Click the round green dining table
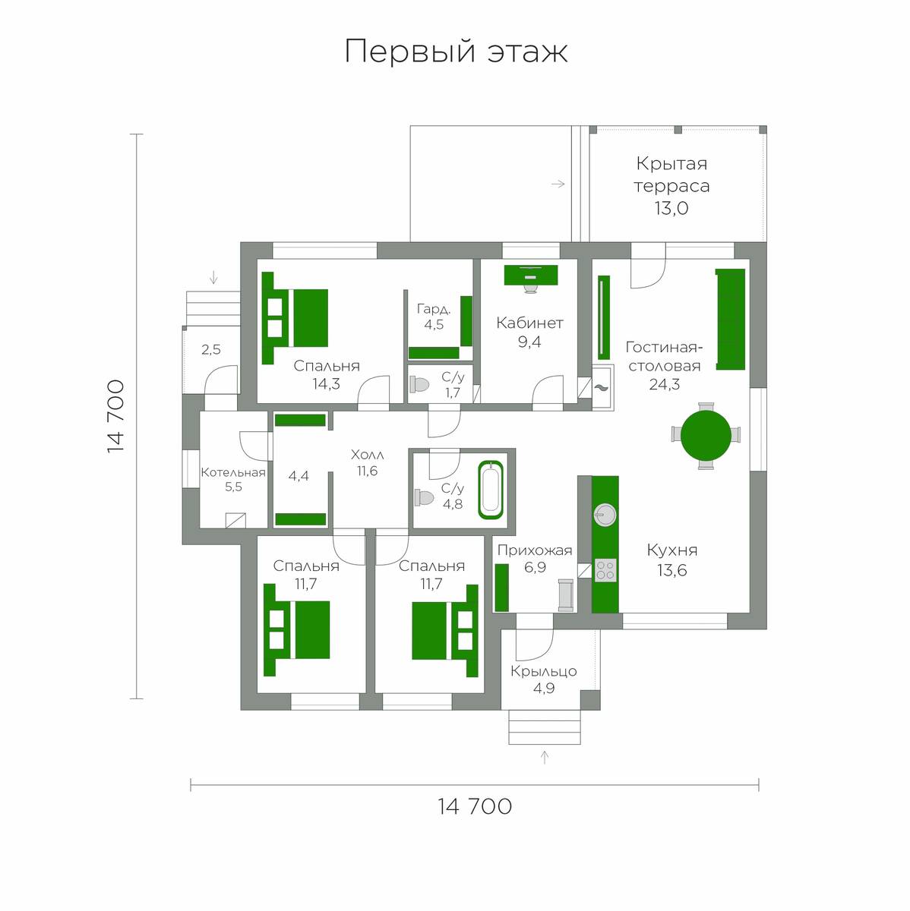pos(705,436)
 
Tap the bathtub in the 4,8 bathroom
pos(490,490)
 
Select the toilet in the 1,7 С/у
pos(419,383)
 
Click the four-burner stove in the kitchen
pos(605,569)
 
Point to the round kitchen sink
pos(605,515)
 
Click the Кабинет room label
pos(529,323)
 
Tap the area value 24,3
pos(664,384)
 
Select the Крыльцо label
pos(543,672)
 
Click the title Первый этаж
pos(456,51)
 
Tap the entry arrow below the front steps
pos(544,757)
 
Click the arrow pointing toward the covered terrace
pos(558,184)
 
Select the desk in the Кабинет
pos(530,275)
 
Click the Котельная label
pos(233,472)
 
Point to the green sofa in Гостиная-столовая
pos(730,319)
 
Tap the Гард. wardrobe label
pos(434,309)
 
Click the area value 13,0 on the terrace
pos(671,208)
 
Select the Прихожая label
pos(535,550)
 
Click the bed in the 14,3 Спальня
pos(294,318)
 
